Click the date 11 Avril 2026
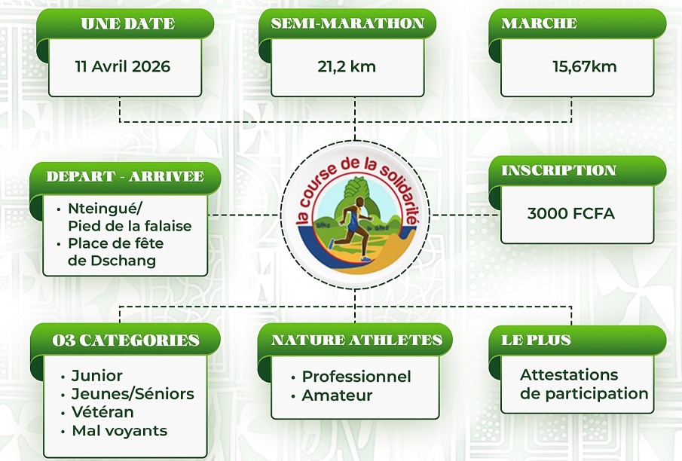tap(123, 66)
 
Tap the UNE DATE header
tap(128, 23)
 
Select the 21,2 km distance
tap(347, 66)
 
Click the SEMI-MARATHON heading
tap(347, 23)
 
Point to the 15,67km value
tap(585, 66)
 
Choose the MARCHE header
tap(540, 23)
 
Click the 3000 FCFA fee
tap(571, 213)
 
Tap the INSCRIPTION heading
tap(559, 170)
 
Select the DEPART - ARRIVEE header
tap(125, 176)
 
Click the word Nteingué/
tap(106, 209)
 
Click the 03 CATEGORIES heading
tap(126, 340)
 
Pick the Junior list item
tap(97, 375)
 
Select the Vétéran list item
tap(102, 412)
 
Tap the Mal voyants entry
tap(120, 431)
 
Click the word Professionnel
tap(356, 377)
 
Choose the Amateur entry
tap(337, 395)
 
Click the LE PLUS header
tap(536, 340)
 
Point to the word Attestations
tap(569, 374)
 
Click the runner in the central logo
tap(350, 229)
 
